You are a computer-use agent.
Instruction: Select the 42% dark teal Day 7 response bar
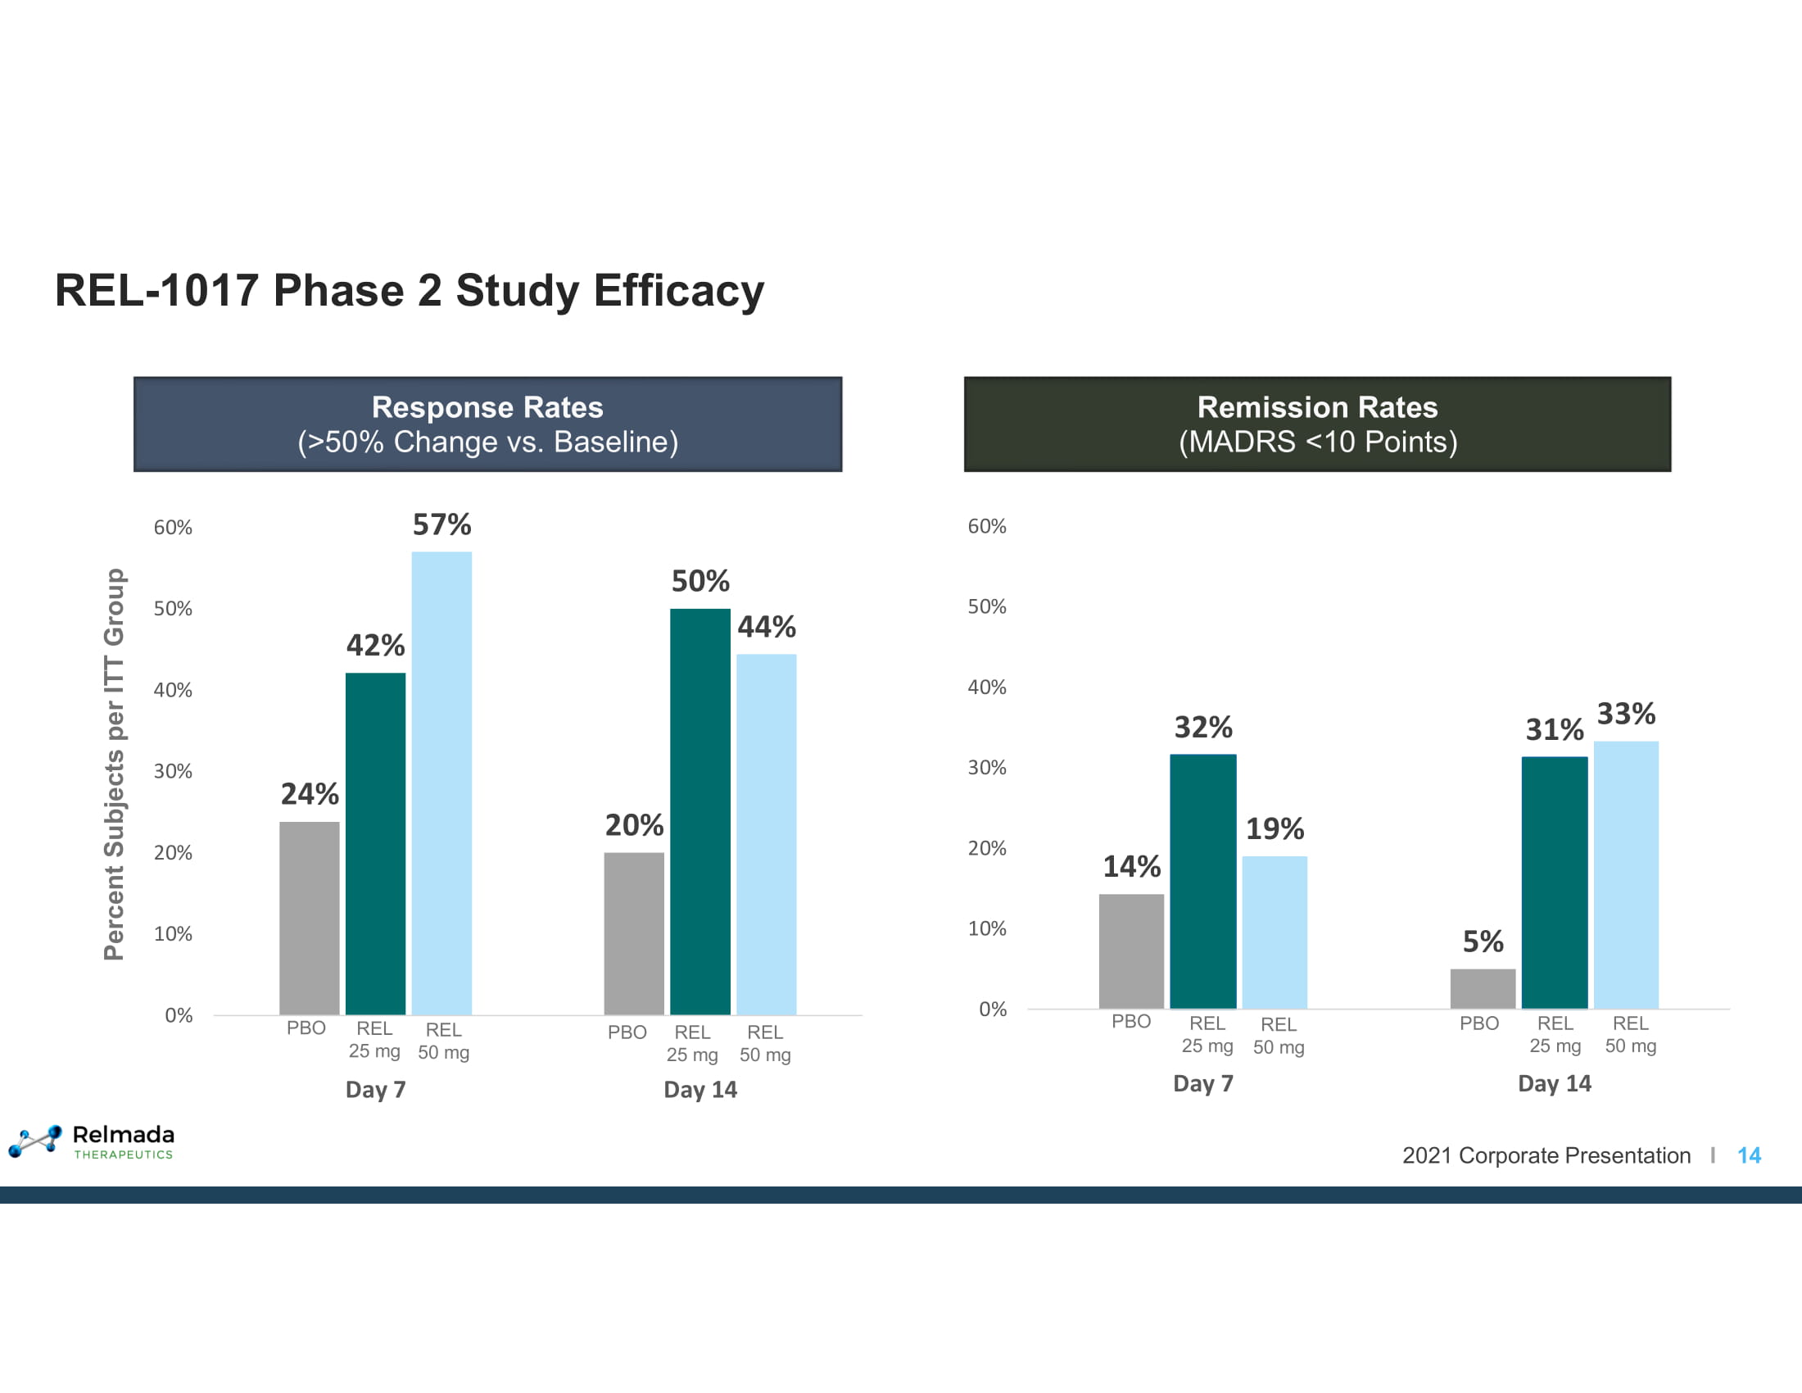375,843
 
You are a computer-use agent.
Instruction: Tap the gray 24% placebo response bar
310,918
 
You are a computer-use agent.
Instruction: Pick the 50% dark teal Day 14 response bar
700,811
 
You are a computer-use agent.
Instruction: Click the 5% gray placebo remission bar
1483,988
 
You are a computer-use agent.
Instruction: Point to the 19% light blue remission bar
1274,932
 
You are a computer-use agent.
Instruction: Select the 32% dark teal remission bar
1203,881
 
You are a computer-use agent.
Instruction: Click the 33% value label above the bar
1625,714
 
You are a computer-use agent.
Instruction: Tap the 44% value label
767,627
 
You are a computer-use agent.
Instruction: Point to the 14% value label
1131,866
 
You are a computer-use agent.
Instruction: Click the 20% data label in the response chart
634,825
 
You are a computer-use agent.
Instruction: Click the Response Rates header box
487,424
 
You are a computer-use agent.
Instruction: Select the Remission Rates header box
1317,424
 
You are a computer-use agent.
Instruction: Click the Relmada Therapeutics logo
92,1141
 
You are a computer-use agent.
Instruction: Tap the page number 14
1749,1155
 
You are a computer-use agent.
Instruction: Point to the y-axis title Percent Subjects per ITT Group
114,764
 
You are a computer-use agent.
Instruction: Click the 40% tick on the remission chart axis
987,687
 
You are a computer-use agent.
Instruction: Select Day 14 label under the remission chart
1554,1083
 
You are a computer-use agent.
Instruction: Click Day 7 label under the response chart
375,1089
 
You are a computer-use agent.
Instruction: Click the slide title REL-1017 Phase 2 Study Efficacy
410,291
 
